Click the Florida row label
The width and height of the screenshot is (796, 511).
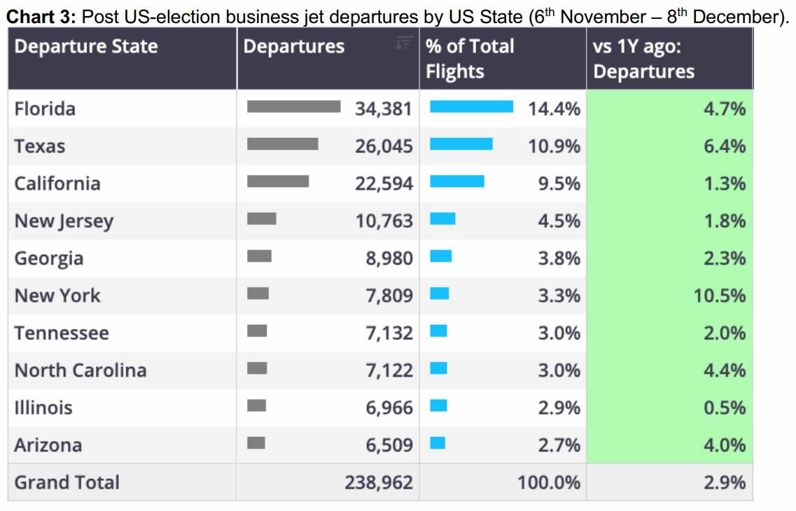(45, 109)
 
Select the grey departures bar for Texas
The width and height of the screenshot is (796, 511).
(282, 144)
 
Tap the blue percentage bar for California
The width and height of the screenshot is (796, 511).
(456, 181)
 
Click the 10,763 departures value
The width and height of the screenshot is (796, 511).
(384, 221)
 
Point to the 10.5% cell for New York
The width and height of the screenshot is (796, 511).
(719, 295)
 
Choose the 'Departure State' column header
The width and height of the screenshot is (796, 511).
(86, 47)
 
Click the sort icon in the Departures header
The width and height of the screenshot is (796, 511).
(403, 44)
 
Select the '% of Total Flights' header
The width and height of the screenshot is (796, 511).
(470, 59)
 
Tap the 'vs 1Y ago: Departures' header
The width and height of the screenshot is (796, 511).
(643, 59)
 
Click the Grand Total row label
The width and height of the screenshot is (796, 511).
(67, 482)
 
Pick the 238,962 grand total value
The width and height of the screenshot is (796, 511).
(378, 483)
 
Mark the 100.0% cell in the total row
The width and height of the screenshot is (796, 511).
(549, 483)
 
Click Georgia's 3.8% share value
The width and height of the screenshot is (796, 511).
(559, 258)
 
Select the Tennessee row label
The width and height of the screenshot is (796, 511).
(62, 333)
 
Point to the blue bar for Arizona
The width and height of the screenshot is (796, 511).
(438, 442)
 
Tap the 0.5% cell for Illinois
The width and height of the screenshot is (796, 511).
(724, 407)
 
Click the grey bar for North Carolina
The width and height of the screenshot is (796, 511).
(257, 367)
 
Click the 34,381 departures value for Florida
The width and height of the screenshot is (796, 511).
(384, 109)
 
